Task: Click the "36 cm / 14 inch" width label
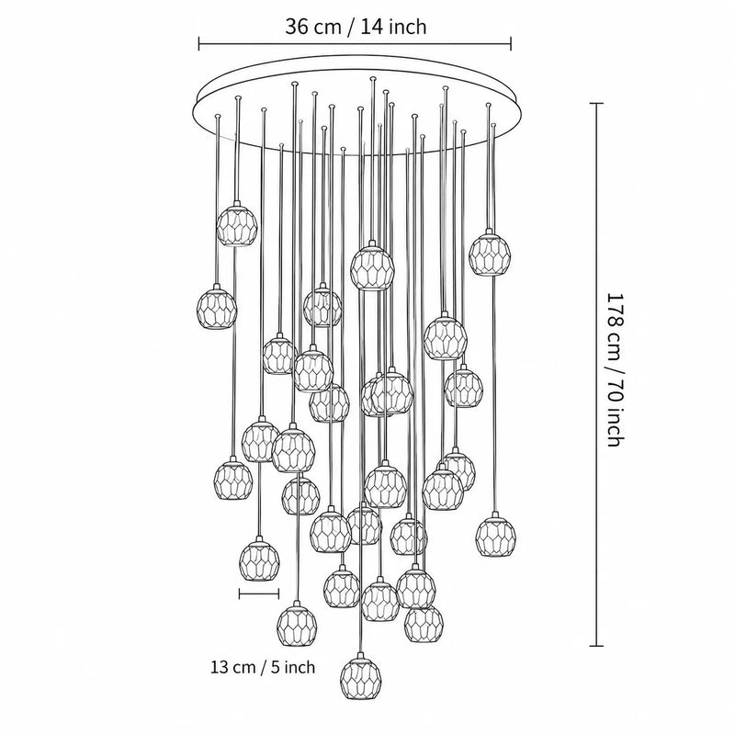[x=356, y=27]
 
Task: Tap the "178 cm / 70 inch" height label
[x=616, y=370]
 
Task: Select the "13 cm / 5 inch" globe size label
[x=263, y=666]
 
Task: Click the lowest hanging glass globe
[x=360, y=677]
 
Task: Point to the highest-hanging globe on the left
[x=237, y=223]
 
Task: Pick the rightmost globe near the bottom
[x=495, y=536]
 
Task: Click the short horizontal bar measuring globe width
[x=259, y=594]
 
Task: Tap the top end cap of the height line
[x=596, y=103]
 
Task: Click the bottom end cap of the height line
[x=596, y=646]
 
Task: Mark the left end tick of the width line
[x=199, y=44]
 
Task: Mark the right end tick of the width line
[x=511, y=44]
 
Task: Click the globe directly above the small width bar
[x=259, y=559]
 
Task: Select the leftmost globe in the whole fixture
[x=217, y=307]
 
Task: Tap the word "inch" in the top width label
[x=406, y=27]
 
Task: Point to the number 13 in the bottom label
[x=220, y=666]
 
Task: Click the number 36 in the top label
[x=296, y=28]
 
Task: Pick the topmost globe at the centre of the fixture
[x=373, y=266]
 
